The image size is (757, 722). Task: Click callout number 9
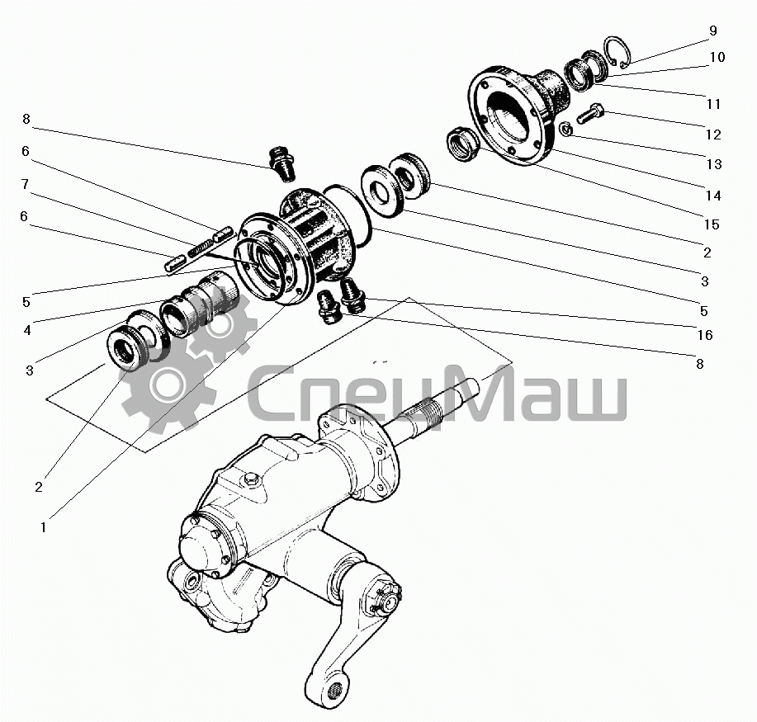(x=713, y=31)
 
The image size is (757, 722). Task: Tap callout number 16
(x=705, y=335)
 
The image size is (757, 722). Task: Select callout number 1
(x=44, y=527)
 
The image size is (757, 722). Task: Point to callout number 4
(x=27, y=330)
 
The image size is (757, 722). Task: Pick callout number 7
(x=25, y=184)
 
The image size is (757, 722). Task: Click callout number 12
(x=713, y=134)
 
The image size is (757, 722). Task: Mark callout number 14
(x=713, y=196)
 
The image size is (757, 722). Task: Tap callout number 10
(x=717, y=57)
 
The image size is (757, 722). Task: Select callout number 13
(x=714, y=164)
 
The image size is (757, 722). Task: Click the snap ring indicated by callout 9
(x=617, y=53)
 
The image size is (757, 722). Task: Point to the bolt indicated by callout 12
(x=590, y=113)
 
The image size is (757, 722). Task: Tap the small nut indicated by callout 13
(x=566, y=129)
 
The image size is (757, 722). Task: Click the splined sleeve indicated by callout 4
(x=199, y=305)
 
